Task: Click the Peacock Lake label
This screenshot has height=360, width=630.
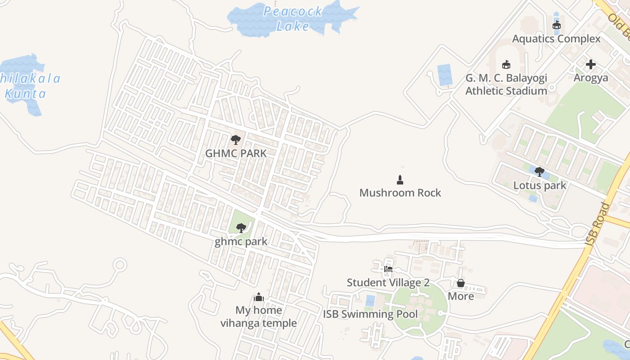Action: pos(292,18)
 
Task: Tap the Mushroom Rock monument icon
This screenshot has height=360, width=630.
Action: pos(400,180)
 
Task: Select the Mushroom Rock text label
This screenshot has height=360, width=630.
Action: pos(400,193)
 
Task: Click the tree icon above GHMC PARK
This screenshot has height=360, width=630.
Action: pos(235,140)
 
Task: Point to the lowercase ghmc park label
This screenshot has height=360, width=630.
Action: pos(241,242)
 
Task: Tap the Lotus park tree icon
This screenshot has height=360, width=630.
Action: pos(540,172)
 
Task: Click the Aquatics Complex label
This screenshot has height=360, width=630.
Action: pos(556,39)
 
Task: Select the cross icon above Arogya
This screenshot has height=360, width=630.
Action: pos(591,65)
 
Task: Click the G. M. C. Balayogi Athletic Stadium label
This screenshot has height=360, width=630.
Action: pos(506,84)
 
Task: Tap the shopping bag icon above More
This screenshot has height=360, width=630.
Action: pos(460,283)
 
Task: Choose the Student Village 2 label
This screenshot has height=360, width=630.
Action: pos(388,283)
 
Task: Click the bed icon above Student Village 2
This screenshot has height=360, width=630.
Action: pos(388,269)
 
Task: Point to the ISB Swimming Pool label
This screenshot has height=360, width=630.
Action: pos(370,314)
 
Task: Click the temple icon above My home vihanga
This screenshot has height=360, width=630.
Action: pos(258,297)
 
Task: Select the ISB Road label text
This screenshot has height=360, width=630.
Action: pos(597,224)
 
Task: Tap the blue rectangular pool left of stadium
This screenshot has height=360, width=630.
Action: pos(445,75)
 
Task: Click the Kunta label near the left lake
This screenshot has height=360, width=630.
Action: pos(25,94)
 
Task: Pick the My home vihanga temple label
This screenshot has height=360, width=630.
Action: pos(258,316)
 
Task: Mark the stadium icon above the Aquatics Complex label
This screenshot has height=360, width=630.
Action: pos(557,25)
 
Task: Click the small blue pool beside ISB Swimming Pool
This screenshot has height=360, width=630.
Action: pos(370,301)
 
